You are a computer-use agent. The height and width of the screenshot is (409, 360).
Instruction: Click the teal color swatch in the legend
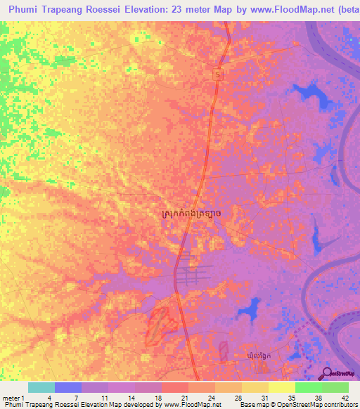[x=41, y=387]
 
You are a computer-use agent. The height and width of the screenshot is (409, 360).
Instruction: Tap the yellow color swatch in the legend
[x=281, y=387]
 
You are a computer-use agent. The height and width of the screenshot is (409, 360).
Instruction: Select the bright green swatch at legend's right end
[x=335, y=387]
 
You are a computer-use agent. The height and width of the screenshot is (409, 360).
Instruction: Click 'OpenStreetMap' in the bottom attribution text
[x=289, y=405]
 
